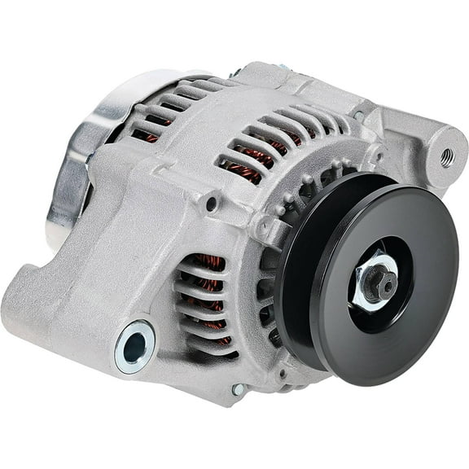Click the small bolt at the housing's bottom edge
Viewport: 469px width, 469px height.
tap(237, 390)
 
